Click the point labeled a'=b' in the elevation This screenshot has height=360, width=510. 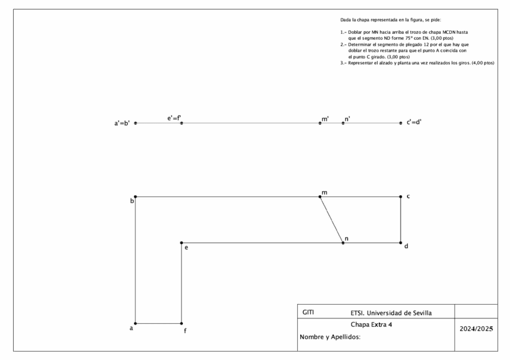(135, 123)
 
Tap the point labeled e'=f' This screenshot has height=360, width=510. (182, 123)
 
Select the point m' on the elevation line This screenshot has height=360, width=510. (320, 123)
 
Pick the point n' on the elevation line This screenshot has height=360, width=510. (343, 123)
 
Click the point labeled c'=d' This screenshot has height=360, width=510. (401, 123)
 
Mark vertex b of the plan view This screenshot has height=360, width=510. (135, 197)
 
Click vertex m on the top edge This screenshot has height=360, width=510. (320, 197)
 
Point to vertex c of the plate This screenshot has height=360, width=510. (401, 197)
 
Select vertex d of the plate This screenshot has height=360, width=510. (401, 243)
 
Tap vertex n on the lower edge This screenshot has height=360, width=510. (343, 243)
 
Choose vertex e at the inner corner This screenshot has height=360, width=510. (182, 243)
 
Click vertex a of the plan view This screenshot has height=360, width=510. (135, 323)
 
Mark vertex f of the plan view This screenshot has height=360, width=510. (182, 323)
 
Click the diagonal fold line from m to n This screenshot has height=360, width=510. (331, 220)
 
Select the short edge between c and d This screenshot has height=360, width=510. (401, 220)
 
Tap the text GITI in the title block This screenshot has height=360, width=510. (308, 313)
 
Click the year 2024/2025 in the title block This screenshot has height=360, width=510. (476, 329)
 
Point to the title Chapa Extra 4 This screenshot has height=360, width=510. (375, 325)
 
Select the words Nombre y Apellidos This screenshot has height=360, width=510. (330, 337)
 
